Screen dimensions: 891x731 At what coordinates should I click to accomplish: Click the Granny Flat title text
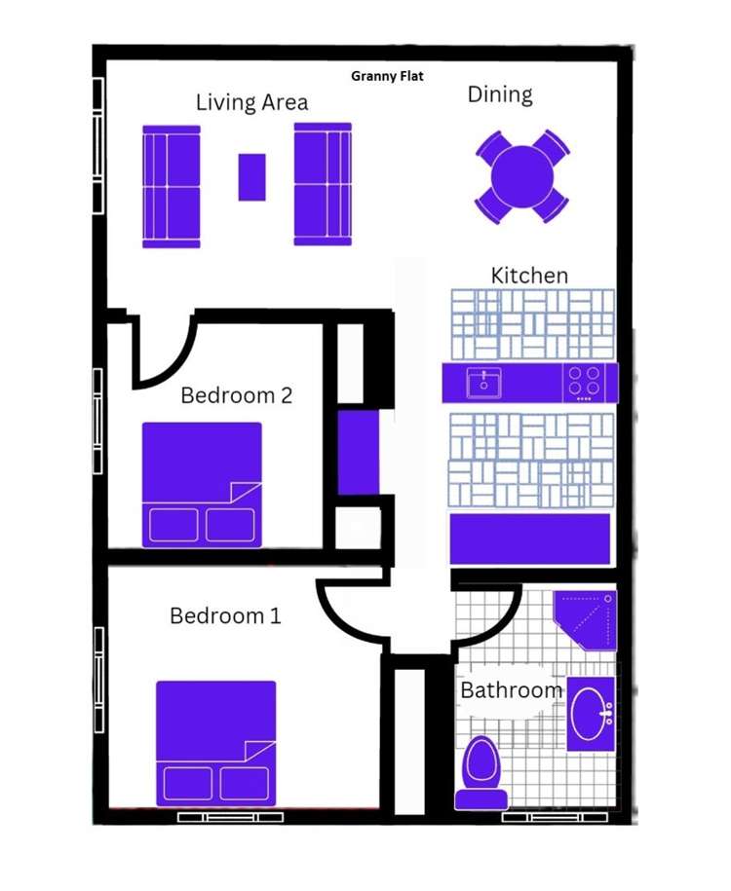click(x=387, y=75)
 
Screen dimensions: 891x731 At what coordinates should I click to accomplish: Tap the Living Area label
click(x=251, y=102)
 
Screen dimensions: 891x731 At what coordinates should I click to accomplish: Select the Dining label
click(x=500, y=94)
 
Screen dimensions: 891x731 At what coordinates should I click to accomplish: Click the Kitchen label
click(x=529, y=276)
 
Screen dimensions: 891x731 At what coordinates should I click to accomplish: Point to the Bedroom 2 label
click(x=237, y=395)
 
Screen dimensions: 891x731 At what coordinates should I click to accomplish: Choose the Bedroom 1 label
click(x=225, y=615)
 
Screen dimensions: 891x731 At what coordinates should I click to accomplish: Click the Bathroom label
click(x=511, y=690)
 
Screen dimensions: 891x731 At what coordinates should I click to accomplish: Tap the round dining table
click(x=522, y=176)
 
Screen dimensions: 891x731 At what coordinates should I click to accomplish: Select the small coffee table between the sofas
click(x=251, y=177)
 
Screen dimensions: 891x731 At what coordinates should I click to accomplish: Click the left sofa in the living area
click(x=172, y=186)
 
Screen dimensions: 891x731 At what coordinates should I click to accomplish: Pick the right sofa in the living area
click(x=323, y=184)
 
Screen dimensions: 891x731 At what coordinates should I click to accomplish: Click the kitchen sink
click(x=482, y=382)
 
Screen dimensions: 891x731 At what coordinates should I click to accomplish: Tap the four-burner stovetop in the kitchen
click(x=585, y=382)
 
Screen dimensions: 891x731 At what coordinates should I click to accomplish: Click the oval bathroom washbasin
click(x=590, y=715)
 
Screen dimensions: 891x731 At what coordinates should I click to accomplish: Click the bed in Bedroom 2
click(x=202, y=483)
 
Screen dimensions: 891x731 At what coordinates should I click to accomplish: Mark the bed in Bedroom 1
click(x=215, y=742)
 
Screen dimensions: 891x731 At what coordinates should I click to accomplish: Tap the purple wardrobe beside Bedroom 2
click(x=358, y=454)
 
